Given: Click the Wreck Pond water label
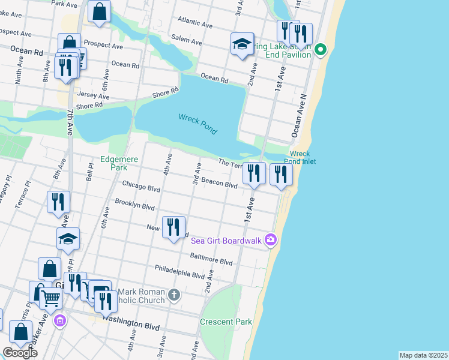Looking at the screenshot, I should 197,124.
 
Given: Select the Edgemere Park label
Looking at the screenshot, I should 119,163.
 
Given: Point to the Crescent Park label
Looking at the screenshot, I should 226,322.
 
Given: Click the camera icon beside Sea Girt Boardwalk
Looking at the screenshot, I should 271,240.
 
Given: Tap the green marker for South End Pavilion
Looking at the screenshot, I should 321,50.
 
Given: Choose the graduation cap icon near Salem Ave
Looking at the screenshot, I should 242,44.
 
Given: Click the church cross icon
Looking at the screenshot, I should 174,295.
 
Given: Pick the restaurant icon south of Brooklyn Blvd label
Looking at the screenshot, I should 173,227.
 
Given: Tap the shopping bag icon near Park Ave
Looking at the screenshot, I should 99,11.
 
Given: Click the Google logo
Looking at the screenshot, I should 20,353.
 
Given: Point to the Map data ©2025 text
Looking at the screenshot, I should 423,355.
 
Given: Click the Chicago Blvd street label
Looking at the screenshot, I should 141,187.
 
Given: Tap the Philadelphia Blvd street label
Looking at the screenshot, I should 179,271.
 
